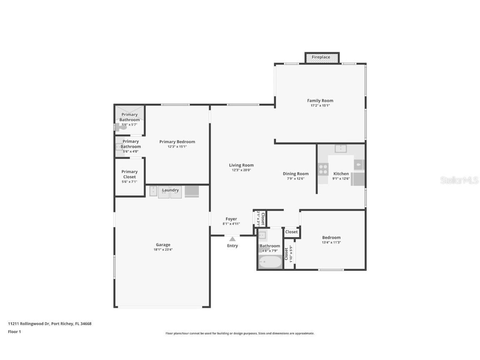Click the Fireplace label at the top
321,57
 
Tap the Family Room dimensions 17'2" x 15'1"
320,105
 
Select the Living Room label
241,165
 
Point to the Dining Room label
295,174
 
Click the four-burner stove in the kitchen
323,168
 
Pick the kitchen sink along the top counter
340,148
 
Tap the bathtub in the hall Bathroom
270,262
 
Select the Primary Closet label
129,174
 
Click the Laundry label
170,190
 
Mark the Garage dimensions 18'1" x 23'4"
163,250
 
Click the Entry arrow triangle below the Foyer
232,239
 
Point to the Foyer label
231,219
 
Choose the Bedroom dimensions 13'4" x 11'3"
331,242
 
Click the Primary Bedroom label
177,142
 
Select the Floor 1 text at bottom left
14,332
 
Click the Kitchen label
341,174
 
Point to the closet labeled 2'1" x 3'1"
260,218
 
